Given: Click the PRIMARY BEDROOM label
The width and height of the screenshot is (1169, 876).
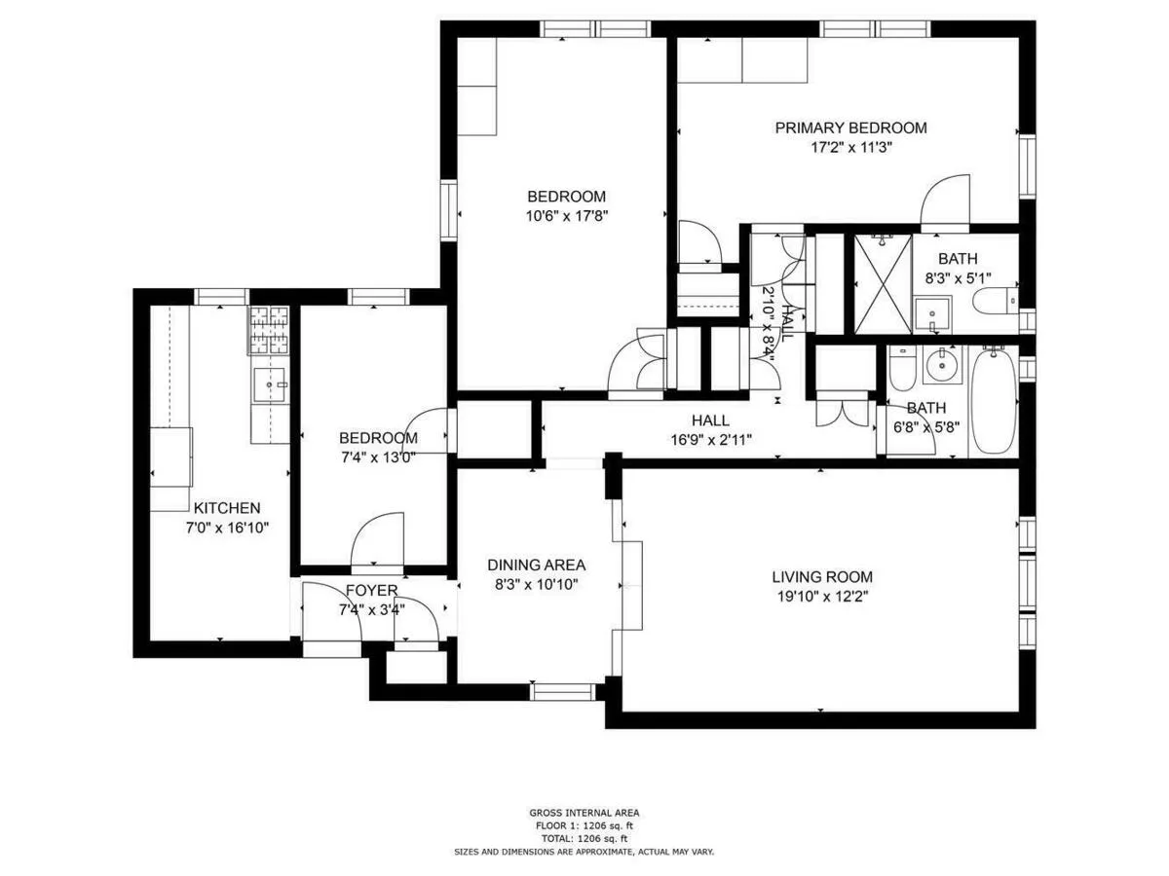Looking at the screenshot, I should point(850,128).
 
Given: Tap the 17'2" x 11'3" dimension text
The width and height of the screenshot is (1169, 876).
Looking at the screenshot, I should point(850,148).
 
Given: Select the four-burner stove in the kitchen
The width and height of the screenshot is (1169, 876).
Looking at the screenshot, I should point(269,329).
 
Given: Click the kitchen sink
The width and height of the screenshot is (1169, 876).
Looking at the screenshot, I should point(269,385).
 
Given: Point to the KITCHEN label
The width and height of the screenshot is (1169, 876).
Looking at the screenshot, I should point(226,508).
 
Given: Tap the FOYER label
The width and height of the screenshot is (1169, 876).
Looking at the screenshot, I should point(371,591).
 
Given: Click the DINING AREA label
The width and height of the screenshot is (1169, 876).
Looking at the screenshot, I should point(536,566).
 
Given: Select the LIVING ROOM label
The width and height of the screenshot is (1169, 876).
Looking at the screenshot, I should point(822,576).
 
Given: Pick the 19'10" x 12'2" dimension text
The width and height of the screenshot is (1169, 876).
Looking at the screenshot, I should point(822,597).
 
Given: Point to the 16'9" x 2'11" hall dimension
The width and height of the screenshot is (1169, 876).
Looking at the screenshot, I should point(710,439).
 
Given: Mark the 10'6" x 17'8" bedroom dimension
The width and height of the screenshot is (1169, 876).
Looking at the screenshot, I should point(566,215).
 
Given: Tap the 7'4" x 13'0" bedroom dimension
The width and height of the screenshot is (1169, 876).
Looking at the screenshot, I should point(378,458).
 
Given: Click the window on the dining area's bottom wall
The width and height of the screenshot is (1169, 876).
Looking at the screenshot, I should point(562,691).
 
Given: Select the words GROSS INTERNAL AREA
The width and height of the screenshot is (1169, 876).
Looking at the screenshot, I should point(584,813).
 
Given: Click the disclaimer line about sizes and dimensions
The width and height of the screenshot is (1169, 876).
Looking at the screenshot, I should point(584,852).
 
